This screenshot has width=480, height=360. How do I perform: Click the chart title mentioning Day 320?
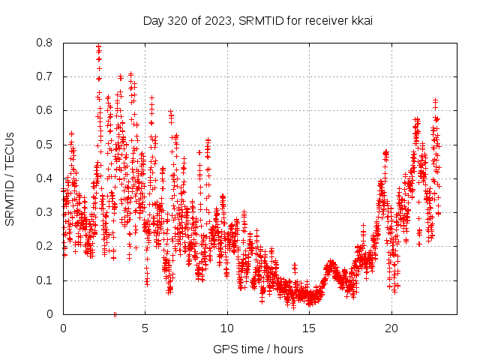(258, 20)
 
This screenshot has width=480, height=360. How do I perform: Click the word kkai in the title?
(361, 20)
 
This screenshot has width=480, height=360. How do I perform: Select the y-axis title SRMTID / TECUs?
(10, 178)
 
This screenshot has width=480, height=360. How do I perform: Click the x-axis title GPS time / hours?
(258, 349)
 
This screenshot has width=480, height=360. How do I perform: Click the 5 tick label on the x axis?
(145, 328)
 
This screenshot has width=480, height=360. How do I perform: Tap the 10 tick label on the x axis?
(227, 328)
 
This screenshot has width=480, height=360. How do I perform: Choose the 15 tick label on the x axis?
(309, 328)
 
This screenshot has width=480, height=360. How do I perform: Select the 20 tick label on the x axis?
(391, 328)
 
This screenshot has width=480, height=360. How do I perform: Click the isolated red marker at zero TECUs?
(115, 314)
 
